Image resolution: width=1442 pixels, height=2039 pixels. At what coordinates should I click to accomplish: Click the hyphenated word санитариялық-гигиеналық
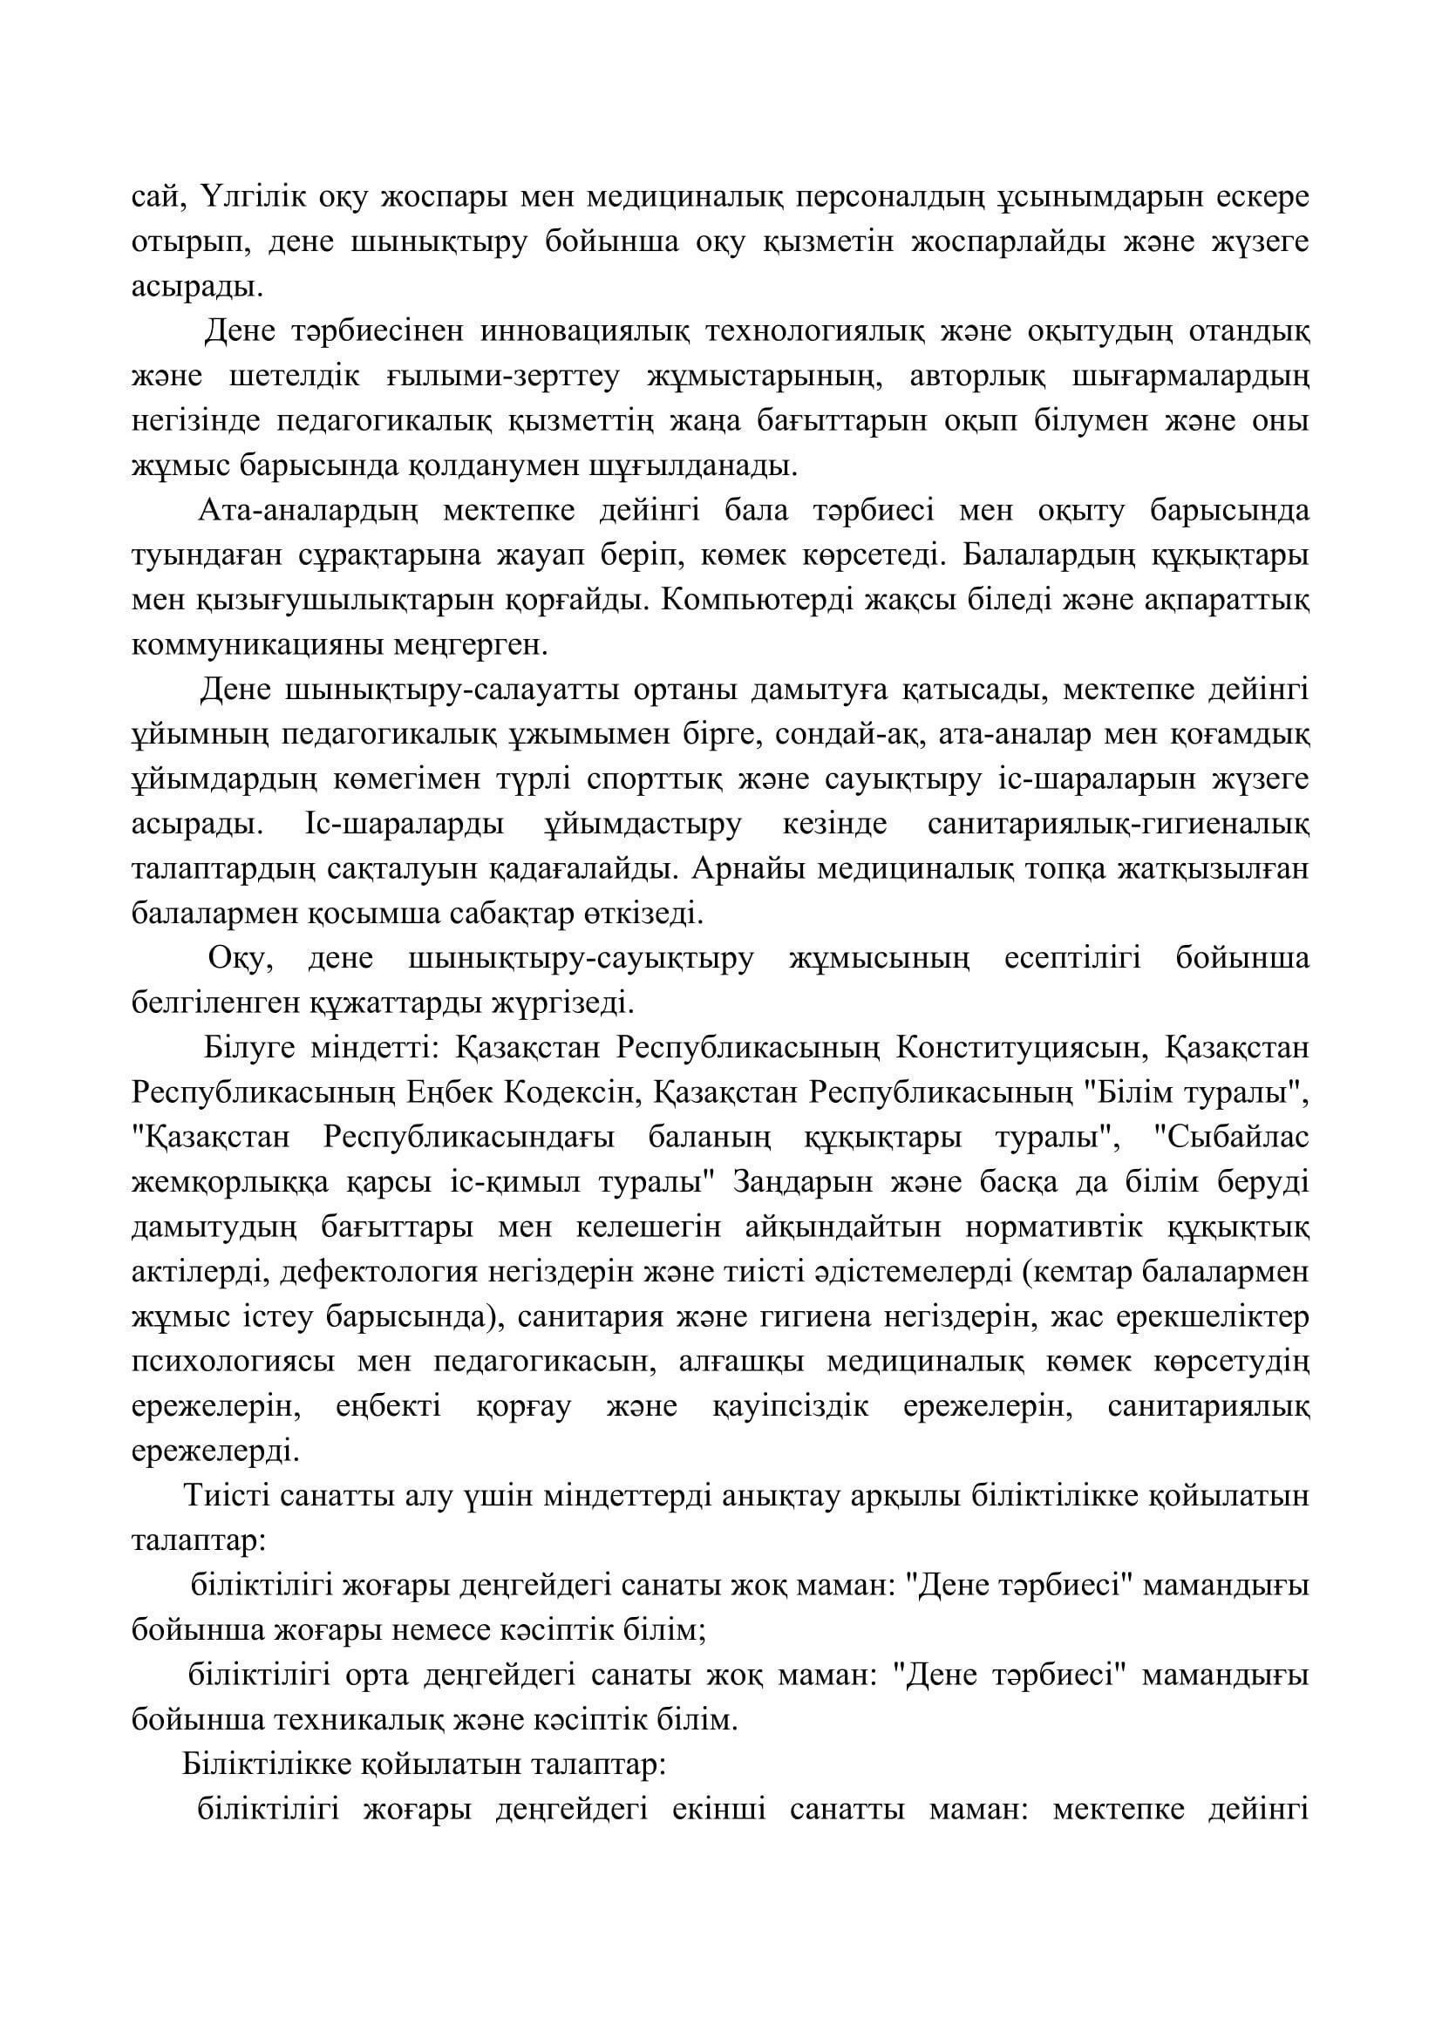tap(1118, 824)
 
